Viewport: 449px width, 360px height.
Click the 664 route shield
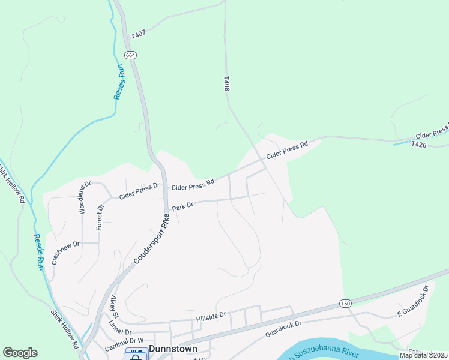point(131,55)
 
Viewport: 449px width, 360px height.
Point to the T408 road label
point(226,83)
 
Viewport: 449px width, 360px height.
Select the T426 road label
point(419,144)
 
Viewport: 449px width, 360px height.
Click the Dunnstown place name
point(173,348)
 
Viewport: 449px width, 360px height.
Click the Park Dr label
point(182,206)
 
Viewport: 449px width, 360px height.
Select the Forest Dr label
point(100,217)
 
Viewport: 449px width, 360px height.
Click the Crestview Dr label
point(66,253)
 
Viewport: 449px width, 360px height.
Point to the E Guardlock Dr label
point(413,302)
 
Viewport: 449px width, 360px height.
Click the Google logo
point(20,353)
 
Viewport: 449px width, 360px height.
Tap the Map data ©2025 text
point(423,355)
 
